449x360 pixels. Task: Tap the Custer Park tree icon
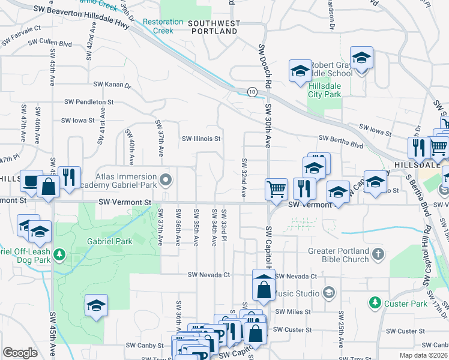tap(375, 302)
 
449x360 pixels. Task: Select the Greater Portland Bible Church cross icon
tap(378, 254)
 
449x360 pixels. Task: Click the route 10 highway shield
tap(252, 92)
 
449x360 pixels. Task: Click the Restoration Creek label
tap(163, 26)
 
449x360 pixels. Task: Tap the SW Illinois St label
tap(202, 139)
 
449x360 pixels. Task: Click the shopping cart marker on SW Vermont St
tap(276, 189)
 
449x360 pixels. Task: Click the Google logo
tap(20, 353)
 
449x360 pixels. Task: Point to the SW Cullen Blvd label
tap(54, 44)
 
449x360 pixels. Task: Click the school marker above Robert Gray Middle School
tap(362, 58)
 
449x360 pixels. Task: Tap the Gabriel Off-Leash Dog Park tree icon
tap(59, 255)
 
